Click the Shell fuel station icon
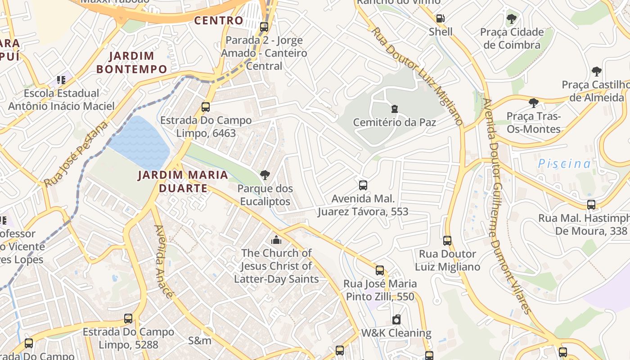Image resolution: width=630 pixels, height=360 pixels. click(x=441, y=18)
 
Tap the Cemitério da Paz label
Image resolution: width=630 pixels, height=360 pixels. click(x=394, y=122)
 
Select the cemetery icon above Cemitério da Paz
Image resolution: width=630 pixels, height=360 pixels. click(x=395, y=108)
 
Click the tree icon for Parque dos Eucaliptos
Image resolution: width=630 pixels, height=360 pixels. click(x=265, y=175)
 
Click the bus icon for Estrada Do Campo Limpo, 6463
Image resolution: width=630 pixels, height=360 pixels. click(x=206, y=107)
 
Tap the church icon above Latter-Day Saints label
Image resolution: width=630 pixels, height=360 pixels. click(x=276, y=240)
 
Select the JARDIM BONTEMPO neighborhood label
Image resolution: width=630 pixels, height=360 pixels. click(x=132, y=63)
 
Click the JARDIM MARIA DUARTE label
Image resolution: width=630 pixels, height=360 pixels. click(x=183, y=181)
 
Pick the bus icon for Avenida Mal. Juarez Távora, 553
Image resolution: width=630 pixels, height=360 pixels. click(x=363, y=185)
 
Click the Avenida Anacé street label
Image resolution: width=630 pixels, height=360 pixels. click(x=164, y=261)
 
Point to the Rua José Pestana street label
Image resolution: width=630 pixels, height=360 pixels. click(x=76, y=154)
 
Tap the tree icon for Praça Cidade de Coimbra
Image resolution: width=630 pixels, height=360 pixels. click(x=511, y=19)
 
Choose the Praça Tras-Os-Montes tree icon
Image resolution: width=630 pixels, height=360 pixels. click(x=534, y=103)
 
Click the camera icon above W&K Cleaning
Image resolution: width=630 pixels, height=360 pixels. click(x=396, y=319)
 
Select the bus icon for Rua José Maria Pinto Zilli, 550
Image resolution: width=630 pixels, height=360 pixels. click(x=380, y=270)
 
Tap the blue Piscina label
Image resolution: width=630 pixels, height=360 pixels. click(x=565, y=163)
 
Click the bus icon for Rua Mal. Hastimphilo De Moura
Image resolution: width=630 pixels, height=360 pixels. click(x=591, y=205)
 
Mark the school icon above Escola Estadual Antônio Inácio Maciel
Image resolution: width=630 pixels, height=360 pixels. click(x=61, y=80)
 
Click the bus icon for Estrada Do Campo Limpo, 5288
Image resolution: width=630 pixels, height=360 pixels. click(x=128, y=319)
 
